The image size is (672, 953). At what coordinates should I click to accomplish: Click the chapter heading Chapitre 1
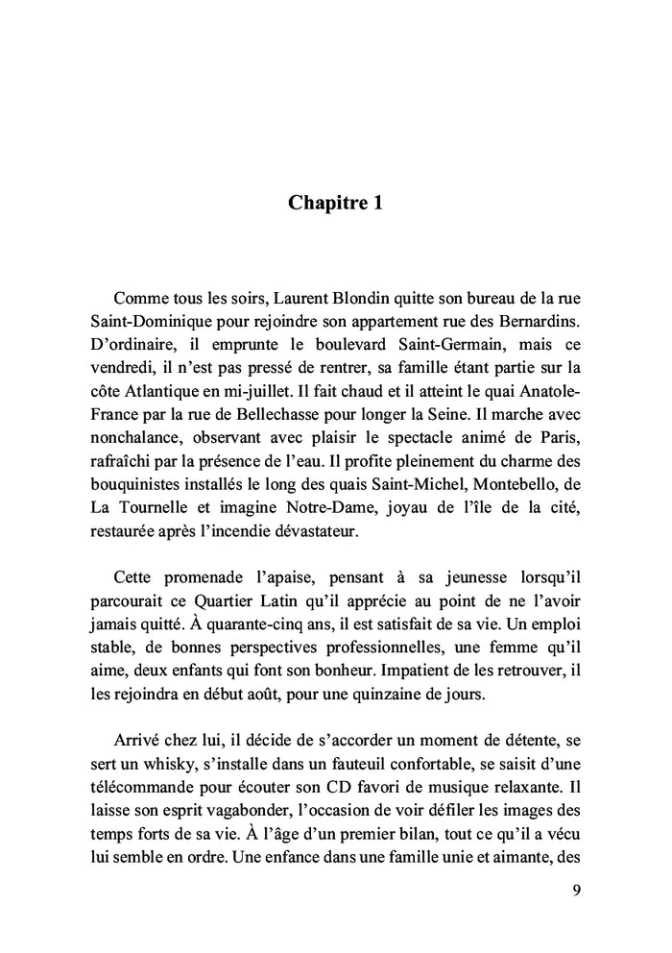pos(335,204)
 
